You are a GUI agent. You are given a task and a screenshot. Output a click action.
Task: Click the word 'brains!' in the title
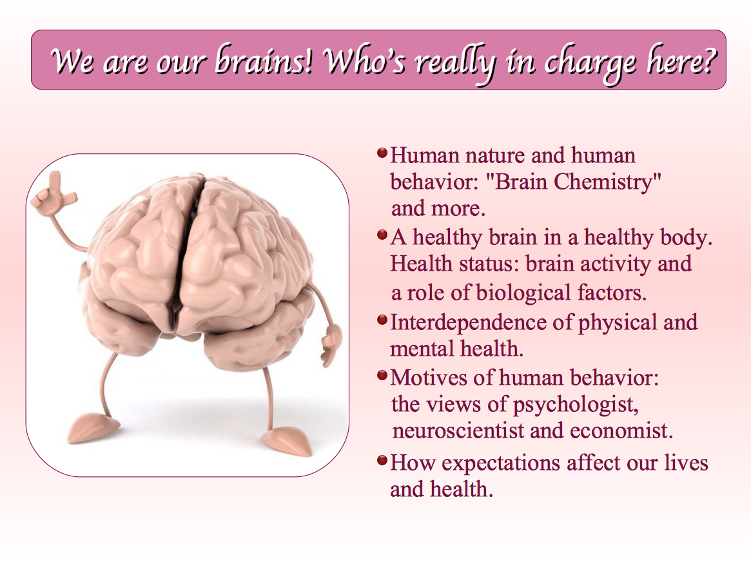pyautogui.click(x=264, y=61)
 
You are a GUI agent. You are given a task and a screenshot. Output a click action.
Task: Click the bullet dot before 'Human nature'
pyautogui.click(x=382, y=153)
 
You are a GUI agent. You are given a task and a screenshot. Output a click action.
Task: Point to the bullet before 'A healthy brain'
pyautogui.click(x=382, y=235)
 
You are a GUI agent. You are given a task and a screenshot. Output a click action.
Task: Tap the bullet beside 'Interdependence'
pyautogui.click(x=382, y=319)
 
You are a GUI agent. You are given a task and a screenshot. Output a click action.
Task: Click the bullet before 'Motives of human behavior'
pyautogui.click(x=382, y=375)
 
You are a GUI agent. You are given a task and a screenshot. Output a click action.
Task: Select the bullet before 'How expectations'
pyautogui.click(x=382, y=461)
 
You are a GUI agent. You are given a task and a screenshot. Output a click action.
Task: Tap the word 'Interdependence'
pyautogui.click(x=468, y=322)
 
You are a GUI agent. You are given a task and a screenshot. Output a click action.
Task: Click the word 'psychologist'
pyautogui.click(x=576, y=405)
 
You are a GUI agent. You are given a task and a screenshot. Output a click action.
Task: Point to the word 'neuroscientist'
pyautogui.click(x=458, y=431)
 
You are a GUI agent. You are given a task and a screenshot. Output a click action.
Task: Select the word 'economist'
pyautogui.click(x=621, y=431)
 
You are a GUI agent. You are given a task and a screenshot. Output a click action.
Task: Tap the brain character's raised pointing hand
pyautogui.click(x=53, y=194)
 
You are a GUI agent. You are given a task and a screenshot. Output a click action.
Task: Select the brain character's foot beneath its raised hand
pyautogui.click(x=92, y=427)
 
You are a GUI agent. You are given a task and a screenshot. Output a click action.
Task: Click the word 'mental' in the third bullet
pyautogui.click(x=421, y=349)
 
